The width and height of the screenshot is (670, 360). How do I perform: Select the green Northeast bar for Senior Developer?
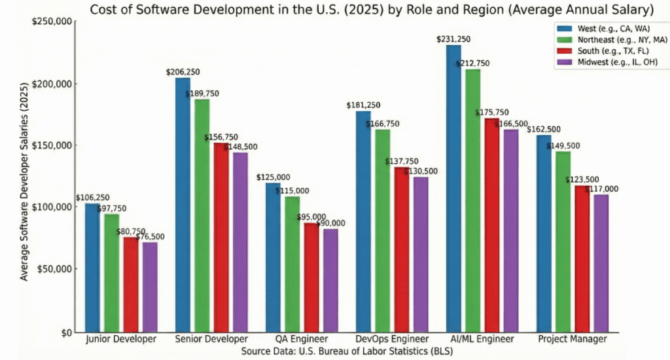202,216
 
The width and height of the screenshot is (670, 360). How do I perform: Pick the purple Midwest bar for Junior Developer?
150,287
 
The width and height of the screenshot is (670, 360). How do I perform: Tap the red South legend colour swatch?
563,51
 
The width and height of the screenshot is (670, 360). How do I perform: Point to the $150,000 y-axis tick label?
55,145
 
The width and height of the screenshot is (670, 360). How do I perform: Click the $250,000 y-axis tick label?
55,22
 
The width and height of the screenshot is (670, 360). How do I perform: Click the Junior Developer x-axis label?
121,339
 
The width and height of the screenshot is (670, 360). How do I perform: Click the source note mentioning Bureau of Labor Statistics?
347,351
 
